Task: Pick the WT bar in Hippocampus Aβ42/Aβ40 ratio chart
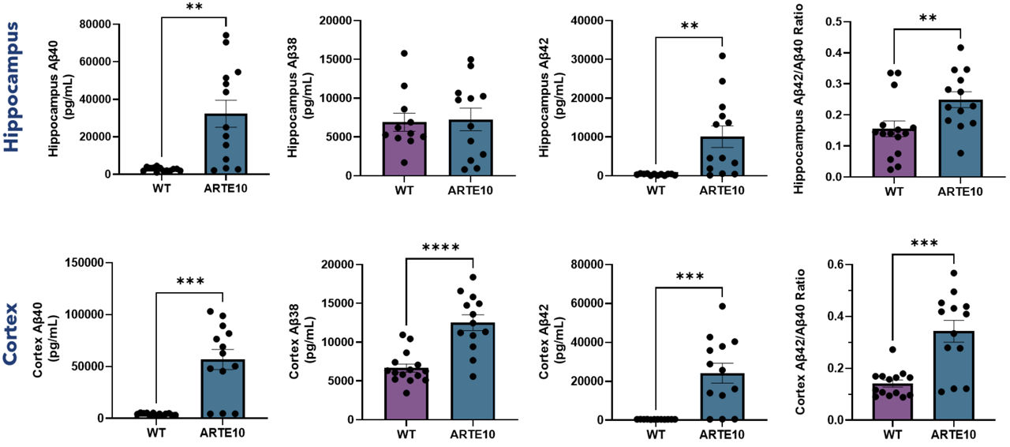(893, 152)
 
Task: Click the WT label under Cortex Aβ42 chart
(656, 434)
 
